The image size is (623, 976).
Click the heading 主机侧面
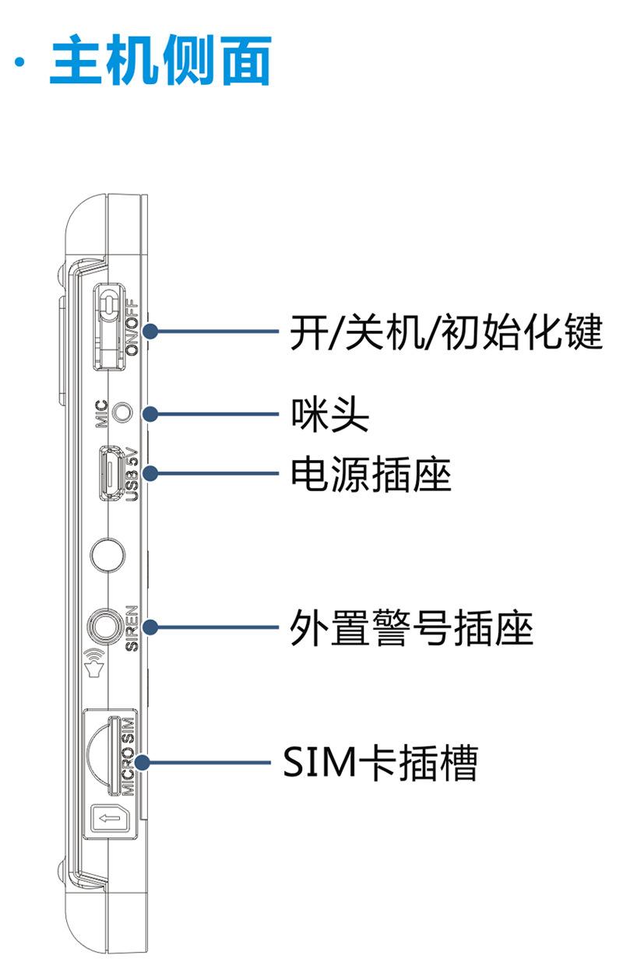coord(160,61)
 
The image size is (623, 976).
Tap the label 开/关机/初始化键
coord(445,333)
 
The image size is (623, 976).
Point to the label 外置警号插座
coord(411,627)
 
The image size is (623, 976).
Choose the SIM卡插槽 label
coord(379,763)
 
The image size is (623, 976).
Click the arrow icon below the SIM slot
coord(106,818)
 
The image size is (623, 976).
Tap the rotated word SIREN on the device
coord(132,627)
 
